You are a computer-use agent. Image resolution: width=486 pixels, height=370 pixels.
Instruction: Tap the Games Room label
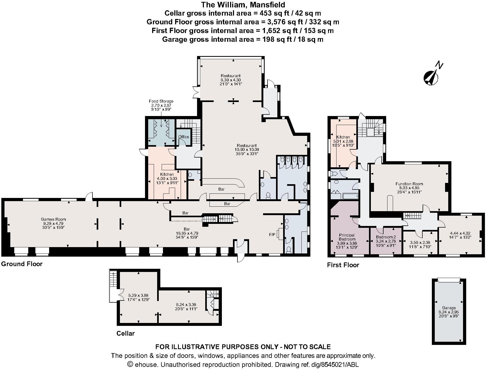coord(53,219)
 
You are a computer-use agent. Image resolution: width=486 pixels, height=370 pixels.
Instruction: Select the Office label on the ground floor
coord(184,137)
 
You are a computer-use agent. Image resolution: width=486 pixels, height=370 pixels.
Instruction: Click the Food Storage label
coord(161,101)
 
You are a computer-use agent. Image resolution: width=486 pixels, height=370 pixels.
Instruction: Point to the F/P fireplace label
coord(272,234)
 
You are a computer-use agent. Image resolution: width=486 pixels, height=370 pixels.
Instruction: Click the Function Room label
coord(409,184)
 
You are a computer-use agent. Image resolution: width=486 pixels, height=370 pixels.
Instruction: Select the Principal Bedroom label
coord(347,237)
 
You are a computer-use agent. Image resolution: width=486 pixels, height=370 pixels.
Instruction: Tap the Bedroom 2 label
coord(386,237)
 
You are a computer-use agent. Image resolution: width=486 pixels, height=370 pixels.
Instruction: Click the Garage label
coord(449,308)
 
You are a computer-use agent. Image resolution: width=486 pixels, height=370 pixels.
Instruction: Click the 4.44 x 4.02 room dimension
coord(460,233)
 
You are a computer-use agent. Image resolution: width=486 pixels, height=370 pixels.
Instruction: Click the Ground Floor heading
coord(22,264)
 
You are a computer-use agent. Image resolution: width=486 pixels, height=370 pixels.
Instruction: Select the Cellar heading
coord(125,333)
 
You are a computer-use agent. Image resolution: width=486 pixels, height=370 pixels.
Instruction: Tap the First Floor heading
coord(343,265)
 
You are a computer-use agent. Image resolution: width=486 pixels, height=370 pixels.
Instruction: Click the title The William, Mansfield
coord(243,4)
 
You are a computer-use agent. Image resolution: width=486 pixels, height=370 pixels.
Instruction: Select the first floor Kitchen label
coord(343,137)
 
